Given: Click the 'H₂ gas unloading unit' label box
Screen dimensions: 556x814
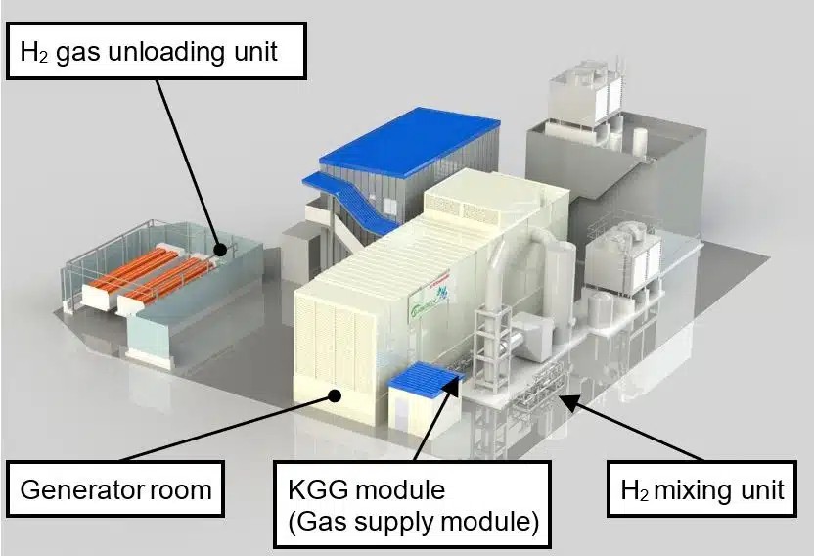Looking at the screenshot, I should (x=157, y=50).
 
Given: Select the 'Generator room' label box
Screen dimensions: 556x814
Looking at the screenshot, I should (x=115, y=487).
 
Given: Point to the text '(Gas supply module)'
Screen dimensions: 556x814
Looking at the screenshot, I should (x=413, y=522).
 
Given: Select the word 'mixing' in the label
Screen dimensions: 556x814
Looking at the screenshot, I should (x=697, y=488).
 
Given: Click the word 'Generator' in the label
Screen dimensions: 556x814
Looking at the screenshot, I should (x=81, y=487).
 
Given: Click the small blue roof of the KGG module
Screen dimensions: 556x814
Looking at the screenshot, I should (x=424, y=377).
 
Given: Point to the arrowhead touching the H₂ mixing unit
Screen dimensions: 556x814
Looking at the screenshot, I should (x=564, y=395).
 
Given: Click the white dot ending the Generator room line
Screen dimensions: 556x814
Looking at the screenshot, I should (x=334, y=394).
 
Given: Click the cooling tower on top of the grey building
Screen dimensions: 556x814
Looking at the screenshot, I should (x=586, y=98).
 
